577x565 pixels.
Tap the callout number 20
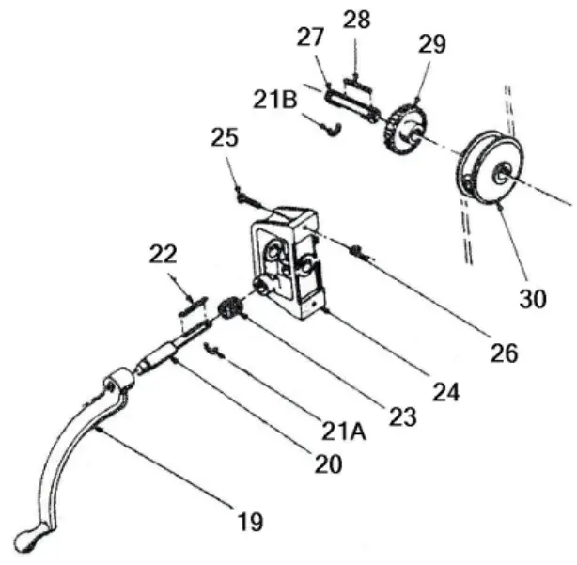[x=329, y=463]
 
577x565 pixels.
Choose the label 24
[x=445, y=390]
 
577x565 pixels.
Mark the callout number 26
[x=504, y=353]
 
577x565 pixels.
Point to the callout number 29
[x=433, y=44]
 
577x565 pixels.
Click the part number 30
[x=533, y=300]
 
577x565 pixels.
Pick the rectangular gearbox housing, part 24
[x=287, y=263]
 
